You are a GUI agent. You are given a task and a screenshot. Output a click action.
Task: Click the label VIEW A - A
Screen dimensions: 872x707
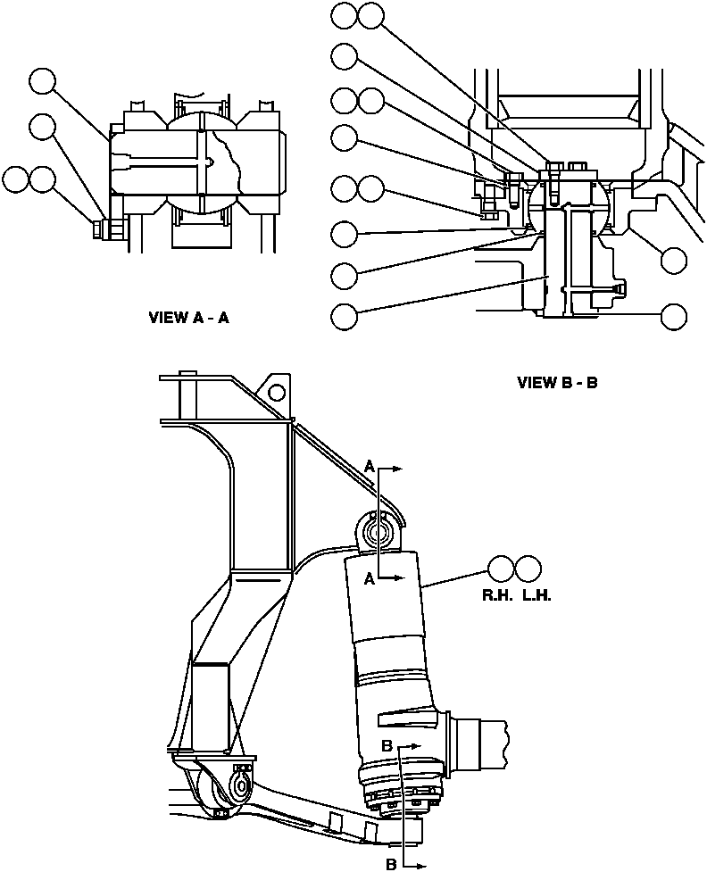click(188, 318)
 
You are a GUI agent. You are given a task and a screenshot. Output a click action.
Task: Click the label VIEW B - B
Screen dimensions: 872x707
click(557, 383)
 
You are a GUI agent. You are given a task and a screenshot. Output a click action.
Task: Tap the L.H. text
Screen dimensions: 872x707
click(536, 595)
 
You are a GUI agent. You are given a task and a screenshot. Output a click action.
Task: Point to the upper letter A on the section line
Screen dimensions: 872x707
click(370, 465)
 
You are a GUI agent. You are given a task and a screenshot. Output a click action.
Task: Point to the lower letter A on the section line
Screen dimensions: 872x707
click(369, 578)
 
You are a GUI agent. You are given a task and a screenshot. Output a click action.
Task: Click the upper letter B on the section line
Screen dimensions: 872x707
click(387, 745)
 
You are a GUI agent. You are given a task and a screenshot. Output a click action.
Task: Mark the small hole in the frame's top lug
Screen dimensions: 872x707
click(278, 391)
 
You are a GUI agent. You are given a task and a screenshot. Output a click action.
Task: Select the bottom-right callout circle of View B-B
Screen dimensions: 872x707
click(675, 316)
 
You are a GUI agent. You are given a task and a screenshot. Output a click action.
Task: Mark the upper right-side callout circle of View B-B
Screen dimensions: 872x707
click(675, 260)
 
